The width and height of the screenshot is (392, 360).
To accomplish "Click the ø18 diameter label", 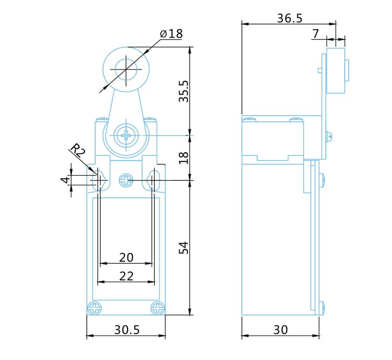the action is point(171,33).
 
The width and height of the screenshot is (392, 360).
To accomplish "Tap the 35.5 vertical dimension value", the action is point(184,92).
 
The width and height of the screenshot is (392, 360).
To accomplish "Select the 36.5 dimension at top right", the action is point(290,18).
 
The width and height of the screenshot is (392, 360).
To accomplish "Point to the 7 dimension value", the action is point(316,34).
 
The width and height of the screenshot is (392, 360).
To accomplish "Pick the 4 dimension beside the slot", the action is point(65,180).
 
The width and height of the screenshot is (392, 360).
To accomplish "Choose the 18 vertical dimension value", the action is point(184,157).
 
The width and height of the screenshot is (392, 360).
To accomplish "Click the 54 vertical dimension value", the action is point(184,248).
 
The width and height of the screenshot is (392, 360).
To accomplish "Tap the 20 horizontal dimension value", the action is point(126,257).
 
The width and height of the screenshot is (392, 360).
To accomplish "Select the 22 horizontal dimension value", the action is point(126,276).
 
